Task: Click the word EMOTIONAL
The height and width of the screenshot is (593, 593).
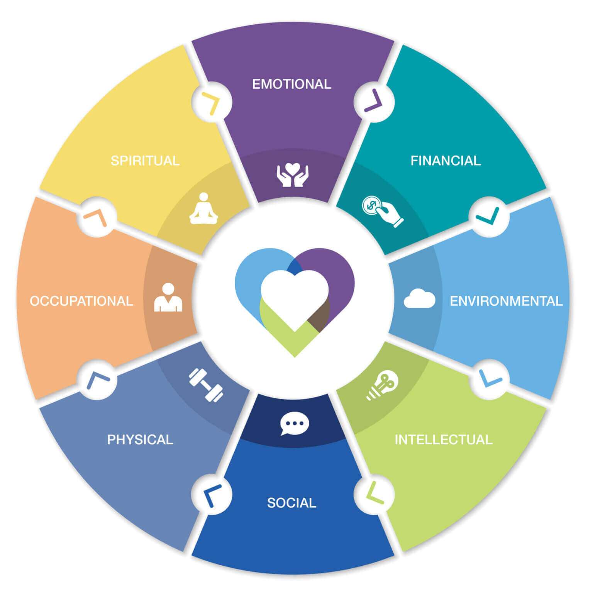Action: (x=291, y=84)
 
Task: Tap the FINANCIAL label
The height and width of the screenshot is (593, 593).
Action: (x=446, y=161)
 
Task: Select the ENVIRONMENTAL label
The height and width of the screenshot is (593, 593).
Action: (x=506, y=301)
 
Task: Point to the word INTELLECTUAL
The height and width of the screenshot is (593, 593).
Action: (x=444, y=440)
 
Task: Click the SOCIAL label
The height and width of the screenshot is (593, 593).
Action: (x=291, y=503)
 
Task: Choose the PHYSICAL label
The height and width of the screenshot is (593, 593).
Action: (x=140, y=440)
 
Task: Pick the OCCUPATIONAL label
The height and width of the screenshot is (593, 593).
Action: (x=81, y=301)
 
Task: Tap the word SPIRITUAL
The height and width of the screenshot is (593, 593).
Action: (x=145, y=161)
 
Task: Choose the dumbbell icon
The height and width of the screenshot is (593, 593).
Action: (x=206, y=385)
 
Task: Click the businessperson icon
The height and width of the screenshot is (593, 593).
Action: (x=168, y=298)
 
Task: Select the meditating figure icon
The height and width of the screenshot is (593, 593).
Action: (x=203, y=209)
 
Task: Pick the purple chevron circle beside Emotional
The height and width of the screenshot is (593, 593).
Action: (x=374, y=102)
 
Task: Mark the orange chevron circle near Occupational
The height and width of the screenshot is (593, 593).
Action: (x=97, y=217)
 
